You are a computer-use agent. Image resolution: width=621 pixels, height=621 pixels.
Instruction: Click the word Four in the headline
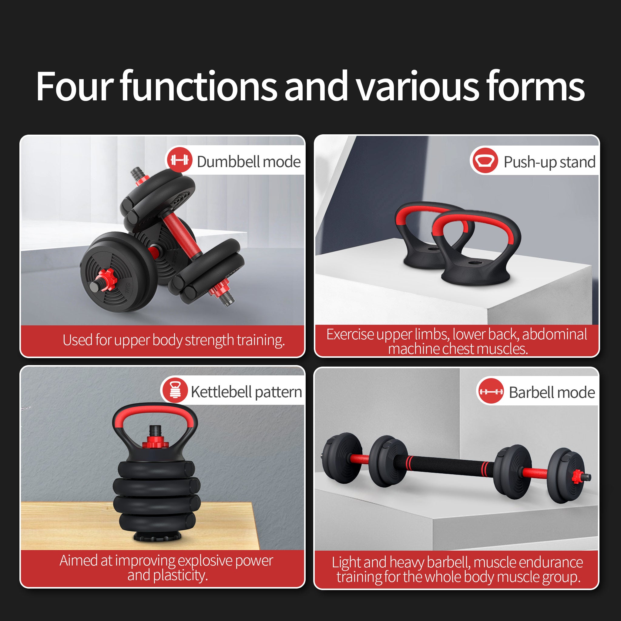[75, 86]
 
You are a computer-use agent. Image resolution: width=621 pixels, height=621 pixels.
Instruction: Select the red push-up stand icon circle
[485, 161]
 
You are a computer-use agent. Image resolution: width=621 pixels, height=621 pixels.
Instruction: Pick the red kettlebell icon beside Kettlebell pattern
[175, 390]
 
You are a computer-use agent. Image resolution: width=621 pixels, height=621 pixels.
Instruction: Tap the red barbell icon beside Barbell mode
[490, 391]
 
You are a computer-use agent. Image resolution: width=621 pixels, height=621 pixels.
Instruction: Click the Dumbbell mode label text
[248, 161]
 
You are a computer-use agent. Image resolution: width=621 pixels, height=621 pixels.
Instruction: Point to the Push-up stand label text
[549, 162]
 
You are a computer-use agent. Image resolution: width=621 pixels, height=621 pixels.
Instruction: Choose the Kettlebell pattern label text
[246, 392]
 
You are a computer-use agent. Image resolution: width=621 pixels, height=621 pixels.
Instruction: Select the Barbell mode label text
[552, 392]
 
